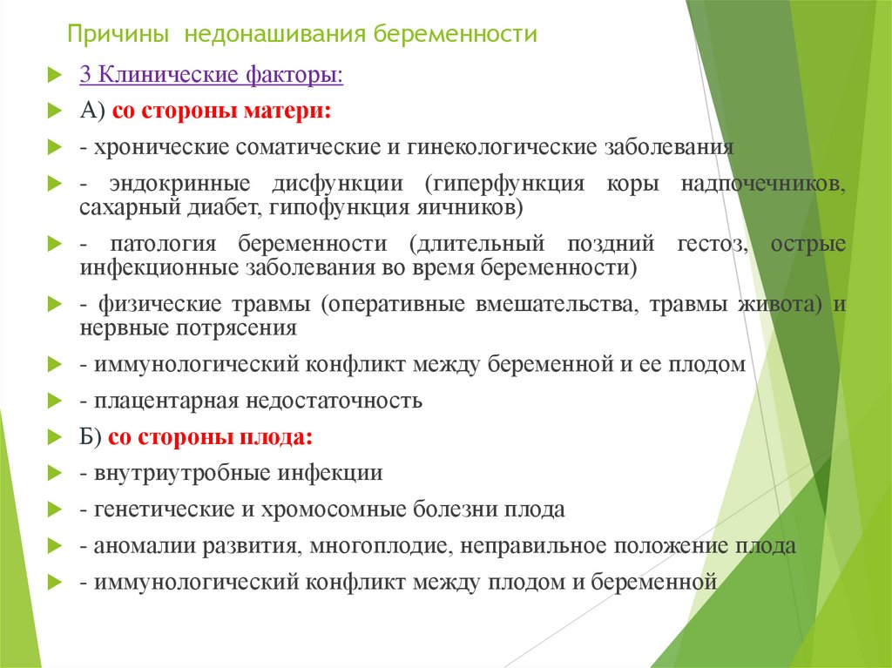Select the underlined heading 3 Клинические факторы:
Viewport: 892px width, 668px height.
coord(212,75)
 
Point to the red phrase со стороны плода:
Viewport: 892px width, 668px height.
coord(210,437)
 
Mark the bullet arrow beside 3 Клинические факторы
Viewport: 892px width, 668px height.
coord(53,75)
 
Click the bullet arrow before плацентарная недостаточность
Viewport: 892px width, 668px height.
coord(53,401)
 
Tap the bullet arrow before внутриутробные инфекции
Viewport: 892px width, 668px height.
coord(53,473)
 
